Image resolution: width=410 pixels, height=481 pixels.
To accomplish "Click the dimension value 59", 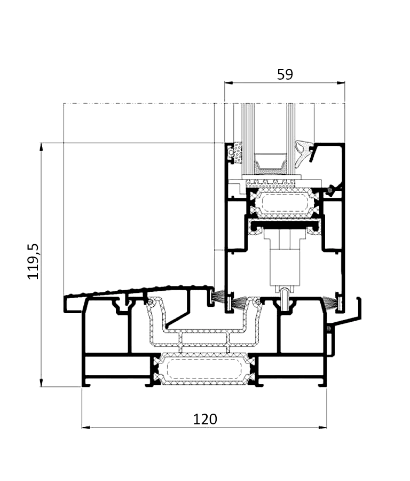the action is [285, 74].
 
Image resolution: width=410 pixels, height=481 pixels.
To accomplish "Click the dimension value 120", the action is [205, 419].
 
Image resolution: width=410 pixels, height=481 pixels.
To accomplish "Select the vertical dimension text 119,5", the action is [33, 261].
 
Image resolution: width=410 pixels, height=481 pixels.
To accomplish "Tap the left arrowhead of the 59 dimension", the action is [228, 82].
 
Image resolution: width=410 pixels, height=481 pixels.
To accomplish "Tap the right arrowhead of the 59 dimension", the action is [341, 82].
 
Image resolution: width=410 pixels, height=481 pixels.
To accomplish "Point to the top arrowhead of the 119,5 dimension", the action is [41, 148].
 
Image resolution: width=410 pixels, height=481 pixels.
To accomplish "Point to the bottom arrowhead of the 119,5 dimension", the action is [41, 383].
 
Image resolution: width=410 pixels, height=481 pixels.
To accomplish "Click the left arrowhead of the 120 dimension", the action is [86, 428].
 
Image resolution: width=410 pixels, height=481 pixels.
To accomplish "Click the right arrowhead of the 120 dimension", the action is [322, 428].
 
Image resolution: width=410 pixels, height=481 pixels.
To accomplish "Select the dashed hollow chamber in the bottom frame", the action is [204, 368].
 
